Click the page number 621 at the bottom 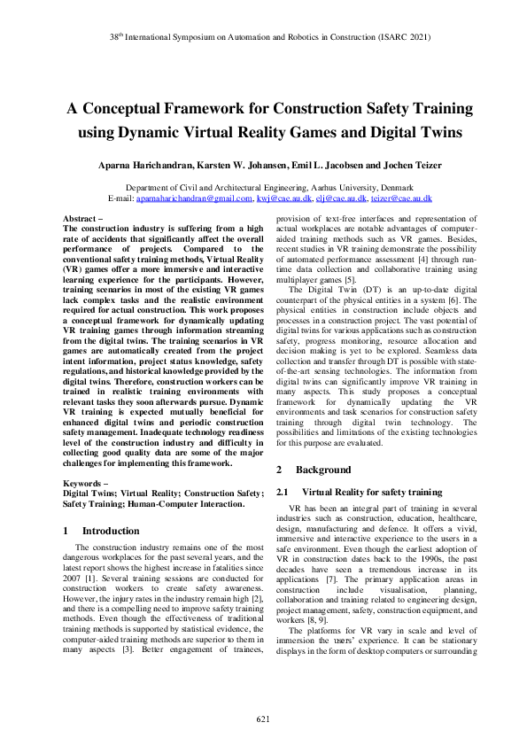(263, 718)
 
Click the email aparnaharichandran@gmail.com (194, 199)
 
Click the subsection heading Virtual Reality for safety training (373, 491)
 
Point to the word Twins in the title (429, 133)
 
